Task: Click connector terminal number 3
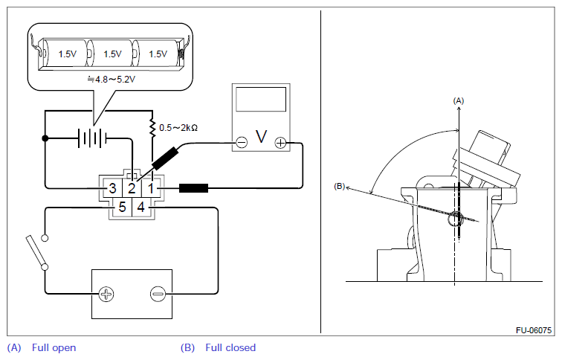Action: click(112, 188)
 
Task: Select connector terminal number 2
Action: click(132, 188)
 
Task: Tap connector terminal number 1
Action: click(151, 188)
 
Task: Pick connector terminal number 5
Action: click(122, 208)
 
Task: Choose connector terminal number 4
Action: click(141, 208)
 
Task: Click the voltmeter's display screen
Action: click(261, 99)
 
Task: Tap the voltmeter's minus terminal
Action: click(242, 143)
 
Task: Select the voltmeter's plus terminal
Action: click(280, 143)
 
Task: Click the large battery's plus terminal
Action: click(106, 295)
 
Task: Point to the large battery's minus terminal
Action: click(158, 295)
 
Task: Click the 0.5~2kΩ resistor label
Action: click(178, 128)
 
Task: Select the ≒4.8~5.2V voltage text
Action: click(112, 80)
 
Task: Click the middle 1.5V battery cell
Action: click(112, 54)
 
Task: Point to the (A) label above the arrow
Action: click(459, 100)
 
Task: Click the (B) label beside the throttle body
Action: click(340, 187)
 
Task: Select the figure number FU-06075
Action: click(534, 330)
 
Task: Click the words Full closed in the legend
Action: click(230, 348)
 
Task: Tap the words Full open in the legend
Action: click(54, 348)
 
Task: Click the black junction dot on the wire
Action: click(45, 138)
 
